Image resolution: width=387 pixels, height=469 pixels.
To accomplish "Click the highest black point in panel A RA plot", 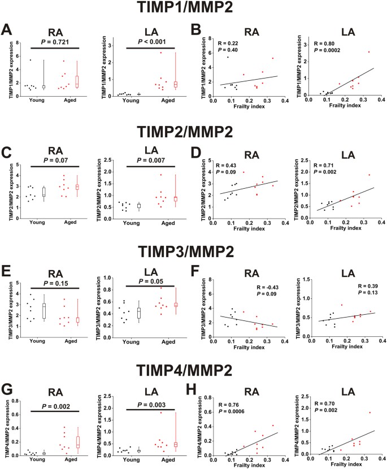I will (x=31, y=60).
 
